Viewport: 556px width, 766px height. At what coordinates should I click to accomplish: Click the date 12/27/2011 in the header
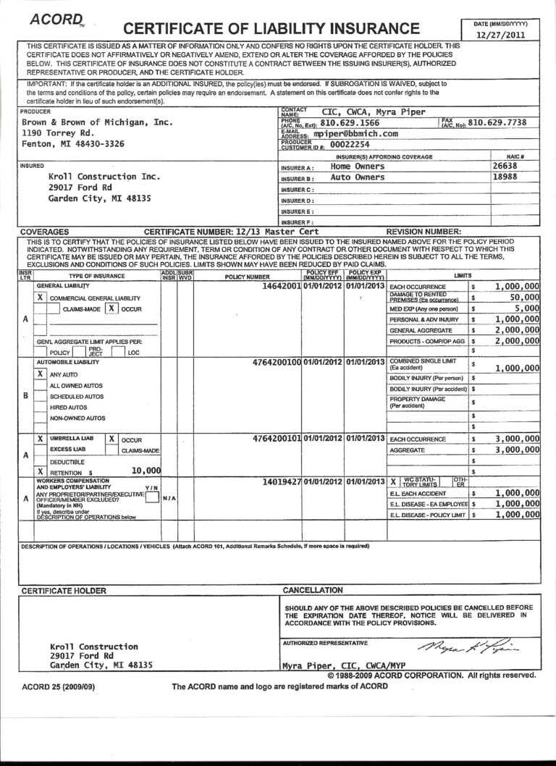[501, 35]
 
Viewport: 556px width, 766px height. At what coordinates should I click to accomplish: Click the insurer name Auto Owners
[358, 177]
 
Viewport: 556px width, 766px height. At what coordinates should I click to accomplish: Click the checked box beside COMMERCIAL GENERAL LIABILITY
[41, 298]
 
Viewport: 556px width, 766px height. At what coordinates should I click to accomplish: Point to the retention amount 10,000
[146, 471]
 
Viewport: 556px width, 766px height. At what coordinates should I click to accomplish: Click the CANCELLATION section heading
[313, 590]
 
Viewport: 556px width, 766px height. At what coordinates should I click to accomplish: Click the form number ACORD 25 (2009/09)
[58, 686]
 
